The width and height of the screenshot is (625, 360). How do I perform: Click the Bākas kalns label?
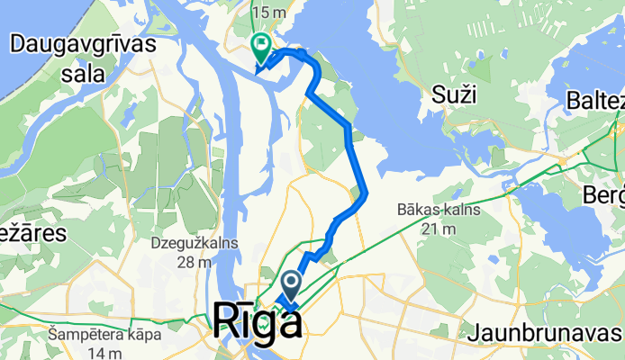tap(439, 210)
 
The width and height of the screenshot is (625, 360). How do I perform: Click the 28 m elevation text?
tap(194, 262)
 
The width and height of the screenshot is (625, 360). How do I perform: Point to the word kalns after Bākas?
tap(459, 210)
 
